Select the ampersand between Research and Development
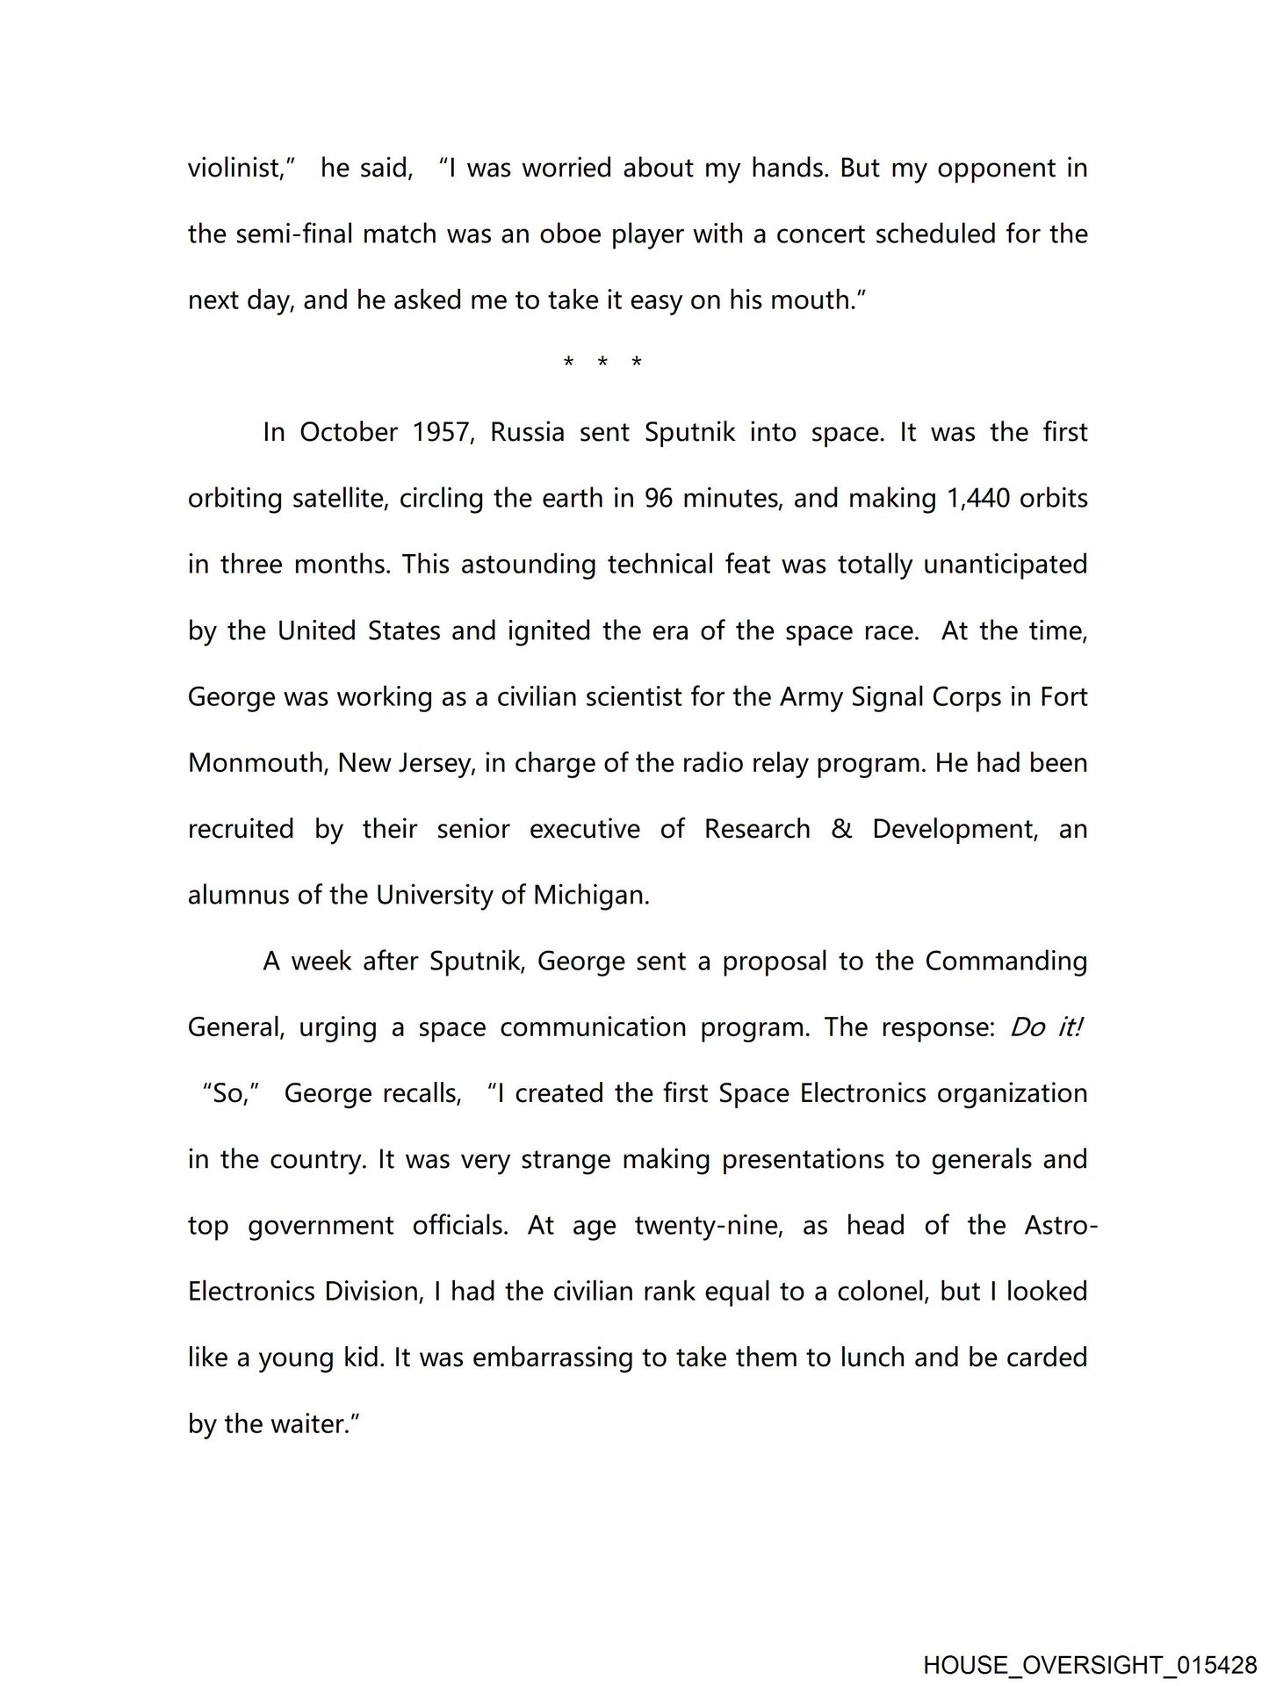(x=840, y=829)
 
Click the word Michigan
(x=591, y=896)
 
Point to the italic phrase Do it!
(x=1045, y=1027)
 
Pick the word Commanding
(x=1006, y=962)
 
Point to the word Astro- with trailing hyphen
(x=1061, y=1226)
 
